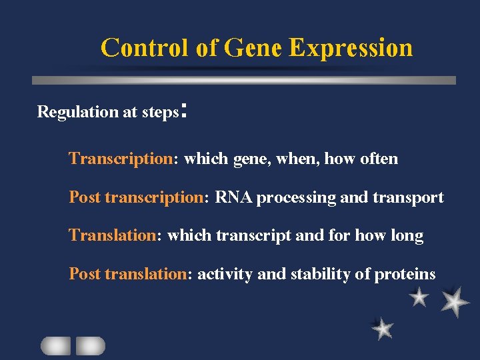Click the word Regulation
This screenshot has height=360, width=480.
(77, 112)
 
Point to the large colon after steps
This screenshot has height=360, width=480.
(184, 111)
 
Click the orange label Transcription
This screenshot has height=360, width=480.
(121, 159)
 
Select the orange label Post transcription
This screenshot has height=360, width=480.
(137, 198)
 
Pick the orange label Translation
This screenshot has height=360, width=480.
(112, 236)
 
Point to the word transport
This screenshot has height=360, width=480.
(410, 198)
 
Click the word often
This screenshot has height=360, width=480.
(379, 159)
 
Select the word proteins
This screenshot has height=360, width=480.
(405, 275)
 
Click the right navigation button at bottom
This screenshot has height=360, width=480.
(90, 345)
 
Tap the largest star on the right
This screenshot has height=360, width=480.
(455, 301)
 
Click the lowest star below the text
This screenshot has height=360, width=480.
(383, 328)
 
